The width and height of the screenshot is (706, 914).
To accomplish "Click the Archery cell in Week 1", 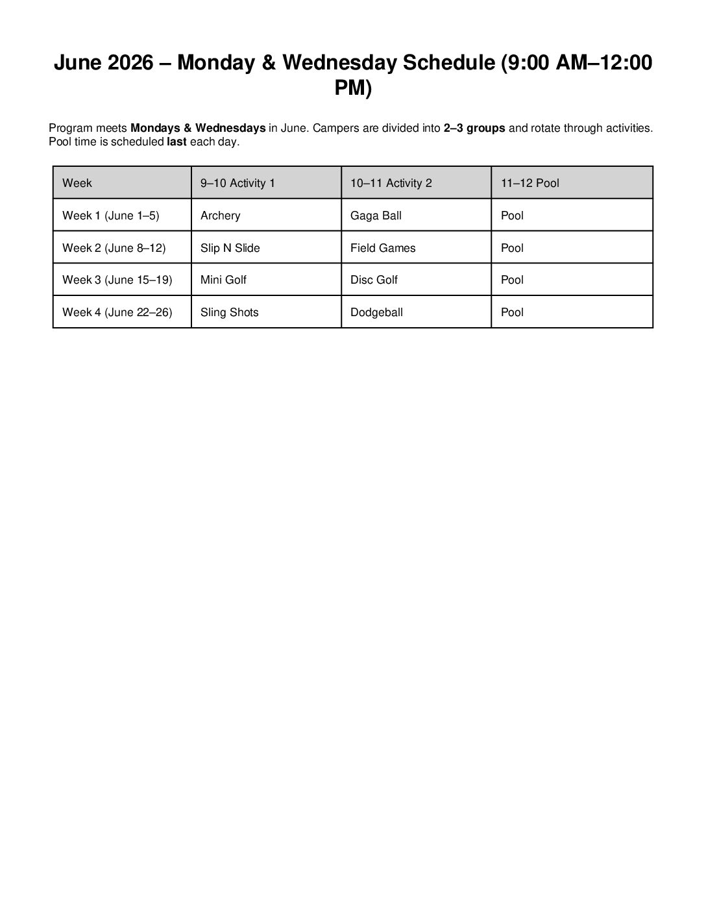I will tap(221, 216).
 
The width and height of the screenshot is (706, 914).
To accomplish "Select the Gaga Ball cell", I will tap(376, 216).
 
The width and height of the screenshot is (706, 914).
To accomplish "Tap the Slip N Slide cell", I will tap(230, 248).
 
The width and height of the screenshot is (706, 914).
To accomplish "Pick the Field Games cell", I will tap(383, 248).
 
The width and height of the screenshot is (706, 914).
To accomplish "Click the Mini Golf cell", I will tap(223, 280).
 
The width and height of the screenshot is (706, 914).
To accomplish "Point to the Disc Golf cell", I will tap(374, 280).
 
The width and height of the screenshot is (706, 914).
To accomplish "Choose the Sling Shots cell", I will tap(230, 312).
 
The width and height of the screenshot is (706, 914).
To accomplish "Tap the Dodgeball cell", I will tap(376, 312).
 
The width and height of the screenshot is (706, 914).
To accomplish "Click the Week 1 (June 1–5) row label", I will tap(110, 216).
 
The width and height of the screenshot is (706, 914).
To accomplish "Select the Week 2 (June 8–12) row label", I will tap(114, 248).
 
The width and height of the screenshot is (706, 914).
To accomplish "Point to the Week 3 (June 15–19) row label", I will tap(117, 280).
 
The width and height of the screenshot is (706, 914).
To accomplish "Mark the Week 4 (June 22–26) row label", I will tap(117, 312).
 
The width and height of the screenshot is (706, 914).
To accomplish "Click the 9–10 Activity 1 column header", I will tap(237, 183).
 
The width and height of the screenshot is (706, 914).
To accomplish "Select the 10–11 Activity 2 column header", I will tap(391, 183).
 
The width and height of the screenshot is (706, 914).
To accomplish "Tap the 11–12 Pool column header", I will tap(529, 183).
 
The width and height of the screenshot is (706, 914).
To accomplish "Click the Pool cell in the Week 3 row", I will tap(512, 280).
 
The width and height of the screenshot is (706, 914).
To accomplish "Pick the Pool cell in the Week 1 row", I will tap(512, 216).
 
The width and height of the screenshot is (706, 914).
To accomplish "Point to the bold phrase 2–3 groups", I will tap(474, 128).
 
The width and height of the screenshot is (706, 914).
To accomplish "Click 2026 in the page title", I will tap(130, 63).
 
